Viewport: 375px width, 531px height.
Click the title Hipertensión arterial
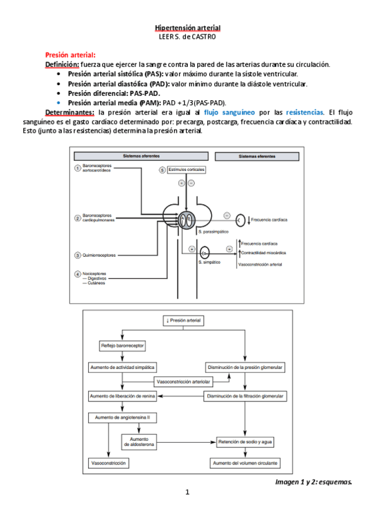[188, 28]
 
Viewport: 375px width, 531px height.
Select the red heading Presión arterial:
[70, 55]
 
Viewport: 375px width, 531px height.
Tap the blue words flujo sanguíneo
[229, 112]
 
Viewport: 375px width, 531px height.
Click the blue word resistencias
[304, 112]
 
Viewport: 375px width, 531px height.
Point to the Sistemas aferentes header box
[141, 156]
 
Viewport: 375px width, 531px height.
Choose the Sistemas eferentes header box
[257, 157]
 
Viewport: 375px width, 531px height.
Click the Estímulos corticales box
[187, 169]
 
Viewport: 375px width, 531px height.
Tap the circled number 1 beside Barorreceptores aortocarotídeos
[78, 168]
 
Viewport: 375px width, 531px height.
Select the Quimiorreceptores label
[99, 255]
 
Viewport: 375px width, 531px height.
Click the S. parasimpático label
[213, 232]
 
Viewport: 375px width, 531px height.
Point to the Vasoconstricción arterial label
[260, 264]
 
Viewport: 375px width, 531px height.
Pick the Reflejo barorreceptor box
[122, 346]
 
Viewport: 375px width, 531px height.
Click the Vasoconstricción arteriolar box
[183, 382]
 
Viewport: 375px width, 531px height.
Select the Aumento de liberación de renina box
[123, 396]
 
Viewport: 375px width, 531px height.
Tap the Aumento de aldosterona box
[139, 442]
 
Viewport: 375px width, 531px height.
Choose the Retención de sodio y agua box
[245, 442]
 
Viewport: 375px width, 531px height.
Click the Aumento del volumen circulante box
[245, 463]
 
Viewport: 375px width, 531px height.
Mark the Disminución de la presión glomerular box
[245, 368]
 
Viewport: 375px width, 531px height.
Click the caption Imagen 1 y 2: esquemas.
[314, 482]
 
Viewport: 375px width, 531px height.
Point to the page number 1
[188, 492]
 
